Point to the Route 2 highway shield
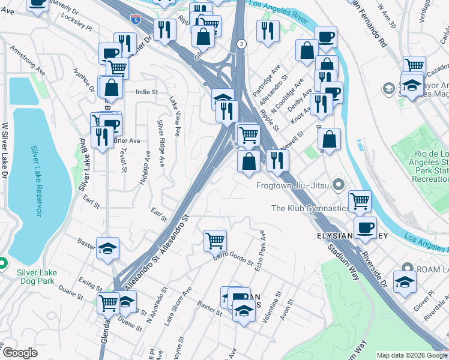pyautogui.click(x=241, y=44)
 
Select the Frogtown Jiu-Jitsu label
pyautogui.click(x=294, y=185)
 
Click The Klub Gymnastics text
pyautogui.click(x=310, y=208)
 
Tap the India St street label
pyautogui.click(x=146, y=92)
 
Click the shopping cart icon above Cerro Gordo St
pyautogui.click(x=215, y=240)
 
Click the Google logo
pyautogui.click(x=20, y=353)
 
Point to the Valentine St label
pyautogui.click(x=277, y=304)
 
